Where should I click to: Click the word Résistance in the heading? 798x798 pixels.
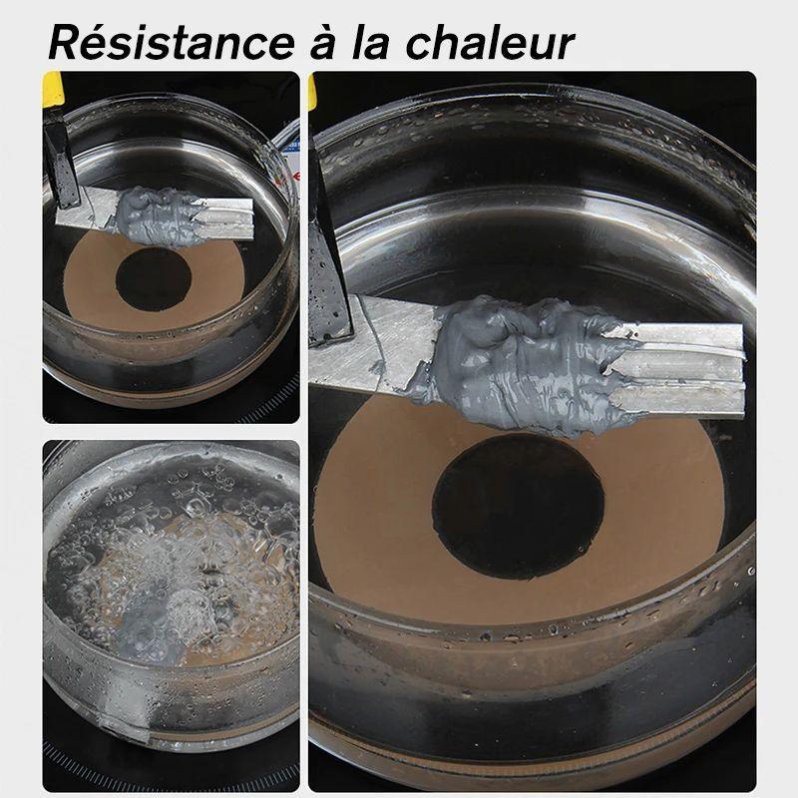point(172,43)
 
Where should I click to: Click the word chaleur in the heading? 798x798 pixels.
point(490,43)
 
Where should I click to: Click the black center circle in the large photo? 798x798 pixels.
point(518,507)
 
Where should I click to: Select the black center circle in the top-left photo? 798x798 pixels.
point(154,279)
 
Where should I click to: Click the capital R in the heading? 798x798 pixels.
point(63,43)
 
